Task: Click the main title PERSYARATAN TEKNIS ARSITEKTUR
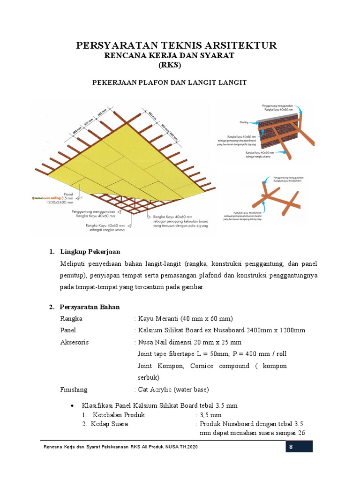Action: (x=177, y=45)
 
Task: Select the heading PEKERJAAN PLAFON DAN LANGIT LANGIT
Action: (x=169, y=82)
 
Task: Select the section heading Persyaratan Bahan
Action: (x=90, y=307)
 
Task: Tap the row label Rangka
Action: (x=71, y=318)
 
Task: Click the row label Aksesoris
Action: (x=74, y=342)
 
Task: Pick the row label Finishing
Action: (x=74, y=390)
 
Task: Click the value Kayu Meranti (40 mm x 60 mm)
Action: (x=183, y=318)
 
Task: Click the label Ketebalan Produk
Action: (x=119, y=415)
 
